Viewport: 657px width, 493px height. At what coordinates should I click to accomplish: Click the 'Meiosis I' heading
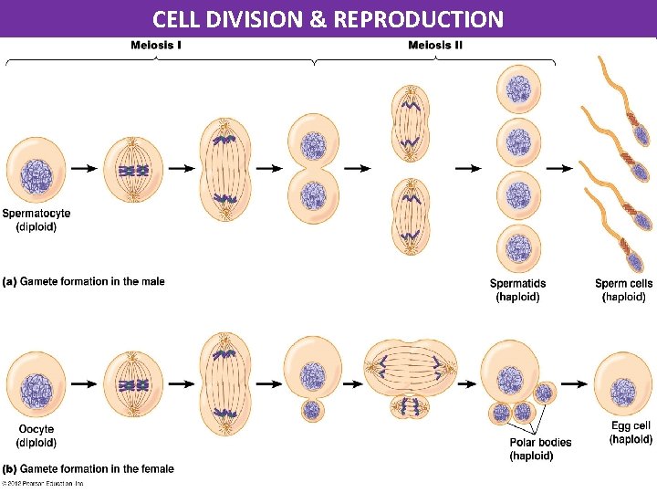click(156, 46)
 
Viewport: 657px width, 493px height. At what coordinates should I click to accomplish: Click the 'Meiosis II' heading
click(434, 46)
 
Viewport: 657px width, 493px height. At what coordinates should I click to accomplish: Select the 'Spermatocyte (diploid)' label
click(36, 220)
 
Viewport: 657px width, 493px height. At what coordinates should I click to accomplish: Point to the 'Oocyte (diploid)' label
click(36, 435)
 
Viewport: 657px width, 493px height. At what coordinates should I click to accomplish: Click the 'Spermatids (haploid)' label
click(517, 290)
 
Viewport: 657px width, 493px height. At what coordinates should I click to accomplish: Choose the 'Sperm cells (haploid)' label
click(623, 290)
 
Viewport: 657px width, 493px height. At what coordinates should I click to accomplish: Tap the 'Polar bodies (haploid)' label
click(540, 448)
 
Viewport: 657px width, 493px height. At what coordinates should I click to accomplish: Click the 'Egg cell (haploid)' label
click(631, 433)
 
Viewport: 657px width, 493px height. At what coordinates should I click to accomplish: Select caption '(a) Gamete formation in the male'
click(83, 281)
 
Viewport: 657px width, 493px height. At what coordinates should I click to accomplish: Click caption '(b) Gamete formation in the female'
click(88, 469)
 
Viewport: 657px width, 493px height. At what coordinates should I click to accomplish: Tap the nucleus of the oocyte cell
click(36, 387)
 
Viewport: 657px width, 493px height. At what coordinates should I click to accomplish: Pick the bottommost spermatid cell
click(517, 248)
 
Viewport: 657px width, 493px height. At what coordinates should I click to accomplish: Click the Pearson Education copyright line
click(44, 483)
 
